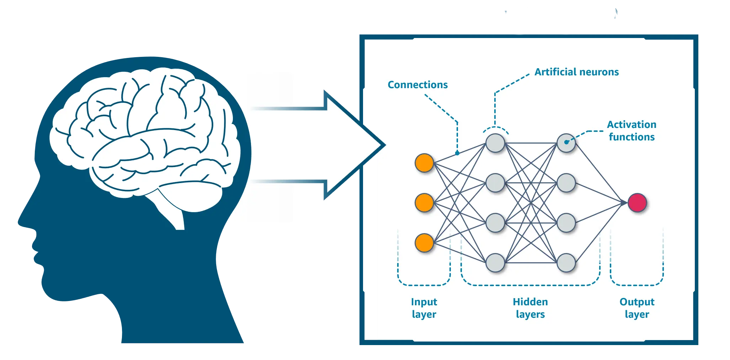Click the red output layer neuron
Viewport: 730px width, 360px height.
click(x=637, y=203)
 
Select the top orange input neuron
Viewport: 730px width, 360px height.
click(x=424, y=163)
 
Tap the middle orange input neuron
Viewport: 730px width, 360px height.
click(x=424, y=203)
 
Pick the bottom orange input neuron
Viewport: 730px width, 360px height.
click(x=424, y=243)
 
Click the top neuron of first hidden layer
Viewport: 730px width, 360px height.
click(x=495, y=143)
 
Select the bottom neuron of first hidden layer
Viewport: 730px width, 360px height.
click(x=495, y=263)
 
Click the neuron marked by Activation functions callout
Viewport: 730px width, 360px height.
click(x=566, y=143)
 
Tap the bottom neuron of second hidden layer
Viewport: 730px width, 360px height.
click(x=566, y=263)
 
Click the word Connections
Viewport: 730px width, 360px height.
click(x=417, y=85)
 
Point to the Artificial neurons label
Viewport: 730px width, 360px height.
click(x=576, y=72)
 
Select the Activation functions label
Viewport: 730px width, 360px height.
click(x=632, y=131)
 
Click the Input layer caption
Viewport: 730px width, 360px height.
click(x=424, y=308)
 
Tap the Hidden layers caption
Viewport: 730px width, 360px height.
click(x=530, y=308)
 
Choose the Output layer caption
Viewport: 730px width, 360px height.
click(x=637, y=308)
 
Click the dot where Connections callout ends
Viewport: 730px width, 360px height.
click(x=457, y=153)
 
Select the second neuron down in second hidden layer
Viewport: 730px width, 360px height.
click(x=566, y=183)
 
